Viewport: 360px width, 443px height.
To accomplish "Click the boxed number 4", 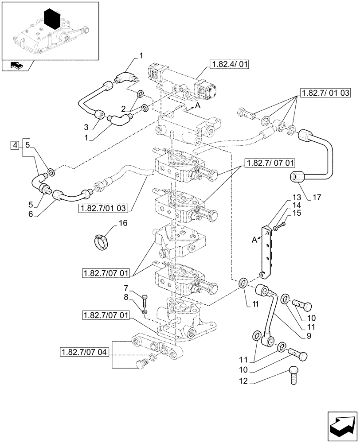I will click(x=15, y=145).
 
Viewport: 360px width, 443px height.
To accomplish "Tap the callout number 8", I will click(x=126, y=297).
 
